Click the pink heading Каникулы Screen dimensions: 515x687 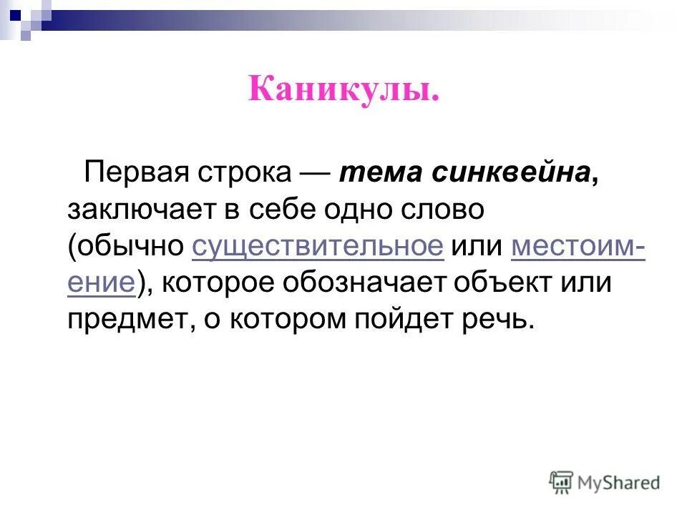coord(343,92)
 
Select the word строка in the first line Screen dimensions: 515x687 coord(242,173)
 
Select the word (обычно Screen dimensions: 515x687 coord(127,247)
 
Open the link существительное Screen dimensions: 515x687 coord(318,247)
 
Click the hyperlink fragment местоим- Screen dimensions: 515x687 coord(578,247)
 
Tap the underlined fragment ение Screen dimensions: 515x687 coord(101,283)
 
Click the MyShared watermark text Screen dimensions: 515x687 coord(620,483)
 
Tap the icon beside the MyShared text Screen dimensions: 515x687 coord(562,483)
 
